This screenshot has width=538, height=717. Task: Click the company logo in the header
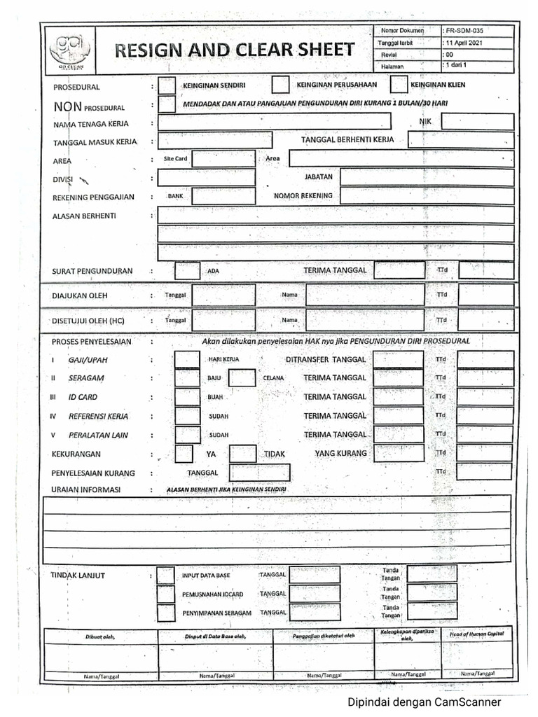69,50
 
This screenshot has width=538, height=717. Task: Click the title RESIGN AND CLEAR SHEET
234,50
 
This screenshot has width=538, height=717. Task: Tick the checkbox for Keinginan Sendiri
167,85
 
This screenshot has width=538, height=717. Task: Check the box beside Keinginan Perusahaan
280,85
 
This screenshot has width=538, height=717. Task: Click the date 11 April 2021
466,43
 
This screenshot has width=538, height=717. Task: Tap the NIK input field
477,122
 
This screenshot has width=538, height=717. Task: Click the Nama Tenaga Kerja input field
273,122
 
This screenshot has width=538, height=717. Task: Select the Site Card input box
223,159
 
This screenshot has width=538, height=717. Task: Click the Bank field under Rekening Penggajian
223,196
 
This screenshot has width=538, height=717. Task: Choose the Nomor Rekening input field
427,196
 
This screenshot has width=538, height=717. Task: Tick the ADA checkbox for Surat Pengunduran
187,270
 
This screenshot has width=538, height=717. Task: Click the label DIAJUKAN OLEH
80,295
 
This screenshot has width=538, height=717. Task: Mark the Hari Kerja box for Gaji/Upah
187,360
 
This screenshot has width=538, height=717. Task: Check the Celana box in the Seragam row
242,378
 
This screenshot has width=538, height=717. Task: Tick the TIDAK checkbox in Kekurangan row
242,454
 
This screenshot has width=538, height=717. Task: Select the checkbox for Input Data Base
166,575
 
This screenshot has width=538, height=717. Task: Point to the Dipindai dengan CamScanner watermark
424,702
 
